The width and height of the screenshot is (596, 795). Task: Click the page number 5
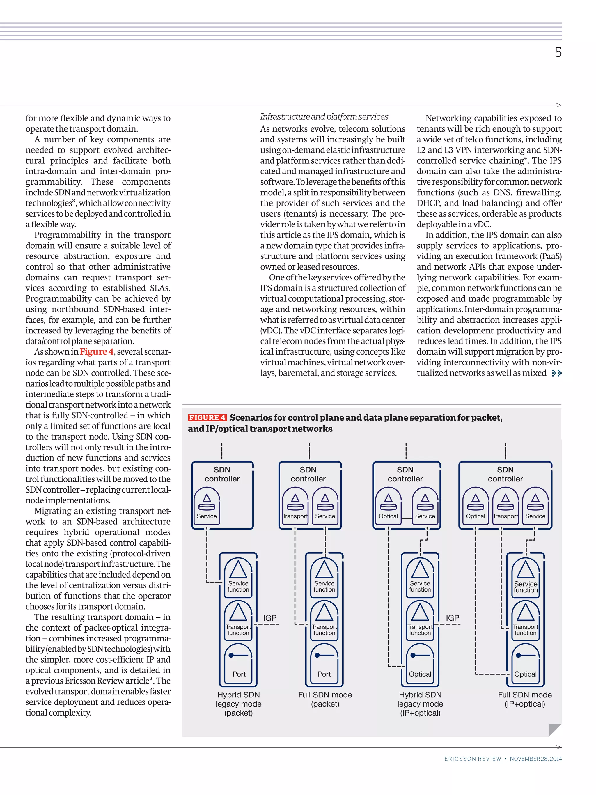click(558, 52)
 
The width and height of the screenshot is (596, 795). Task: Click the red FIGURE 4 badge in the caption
click(207, 418)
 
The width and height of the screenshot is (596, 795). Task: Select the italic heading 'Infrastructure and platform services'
click(324, 117)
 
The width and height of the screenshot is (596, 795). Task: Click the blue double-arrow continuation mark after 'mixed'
click(556, 373)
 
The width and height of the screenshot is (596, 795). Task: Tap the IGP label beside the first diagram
click(269, 617)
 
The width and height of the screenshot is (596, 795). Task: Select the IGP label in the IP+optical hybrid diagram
click(452, 617)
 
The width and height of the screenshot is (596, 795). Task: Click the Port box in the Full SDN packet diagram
click(324, 665)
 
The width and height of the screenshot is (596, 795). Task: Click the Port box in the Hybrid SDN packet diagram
click(239, 665)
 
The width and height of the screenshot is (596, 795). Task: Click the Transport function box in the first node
click(238, 621)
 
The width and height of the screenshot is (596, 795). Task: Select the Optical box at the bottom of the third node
click(420, 665)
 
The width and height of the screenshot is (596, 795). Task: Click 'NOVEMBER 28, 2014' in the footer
click(535, 759)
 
